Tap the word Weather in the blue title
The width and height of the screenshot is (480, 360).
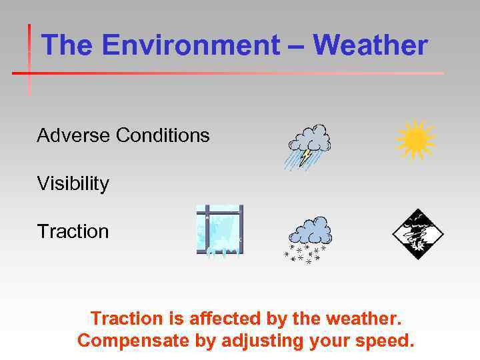[370, 46]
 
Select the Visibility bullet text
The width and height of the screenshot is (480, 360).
[73, 184]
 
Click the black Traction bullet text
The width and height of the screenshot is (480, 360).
[73, 231]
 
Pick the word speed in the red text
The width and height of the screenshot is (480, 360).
[385, 341]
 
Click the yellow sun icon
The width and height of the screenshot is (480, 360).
[415, 140]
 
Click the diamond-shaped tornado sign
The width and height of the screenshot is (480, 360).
[417, 234]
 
